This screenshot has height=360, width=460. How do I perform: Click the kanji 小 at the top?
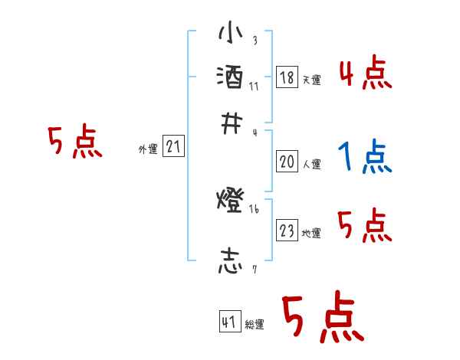pos(231,34)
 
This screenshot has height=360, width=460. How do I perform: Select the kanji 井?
pos(231,123)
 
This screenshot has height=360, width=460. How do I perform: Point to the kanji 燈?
pos(231,202)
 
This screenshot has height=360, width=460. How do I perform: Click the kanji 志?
pos(231,261)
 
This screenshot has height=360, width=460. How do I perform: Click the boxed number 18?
pos(287,77)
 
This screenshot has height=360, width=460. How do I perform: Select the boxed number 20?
pos(287,162)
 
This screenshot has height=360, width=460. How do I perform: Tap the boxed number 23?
pos(287,231)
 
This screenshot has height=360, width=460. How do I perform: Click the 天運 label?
pos(311,80)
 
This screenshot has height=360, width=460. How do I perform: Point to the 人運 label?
pos(311,164)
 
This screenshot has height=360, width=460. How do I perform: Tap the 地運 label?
pos(311,234)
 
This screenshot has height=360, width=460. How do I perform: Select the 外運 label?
pos(148,149)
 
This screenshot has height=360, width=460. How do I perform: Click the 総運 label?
pos(255,325)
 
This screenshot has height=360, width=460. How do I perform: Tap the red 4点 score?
pos(365,74)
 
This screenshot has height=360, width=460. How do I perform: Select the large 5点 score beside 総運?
pos(322,319)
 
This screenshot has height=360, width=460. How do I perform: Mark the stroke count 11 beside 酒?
pos(254,86)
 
